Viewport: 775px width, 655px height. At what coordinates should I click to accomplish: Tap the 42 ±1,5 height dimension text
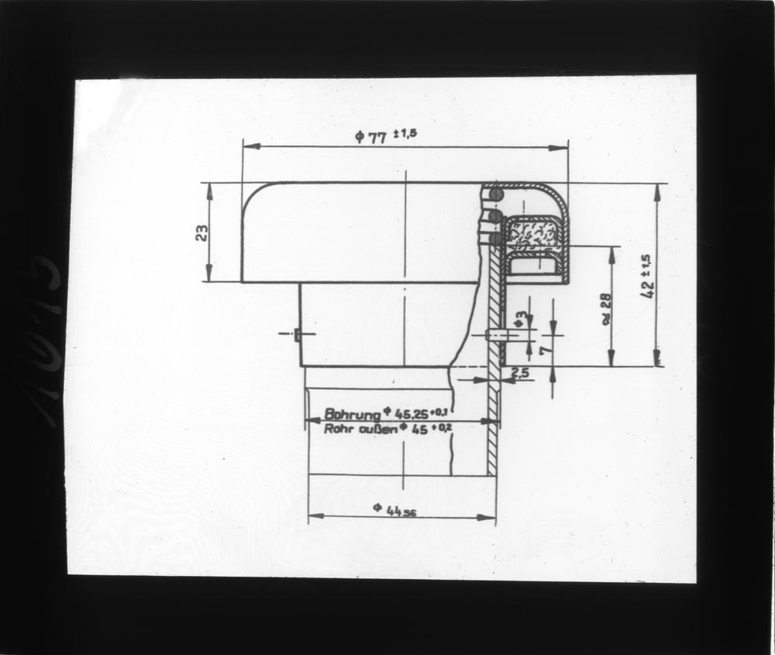click(646, 276)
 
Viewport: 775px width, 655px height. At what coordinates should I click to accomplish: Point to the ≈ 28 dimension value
click(606, 308)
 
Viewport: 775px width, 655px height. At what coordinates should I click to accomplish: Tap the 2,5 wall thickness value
click(520, 374)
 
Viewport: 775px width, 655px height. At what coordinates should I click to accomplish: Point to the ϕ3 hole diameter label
click(522, 317)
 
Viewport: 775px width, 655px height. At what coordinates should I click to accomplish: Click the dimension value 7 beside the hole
click(544, 350)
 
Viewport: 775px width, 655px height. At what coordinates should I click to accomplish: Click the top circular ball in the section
click(496, 195)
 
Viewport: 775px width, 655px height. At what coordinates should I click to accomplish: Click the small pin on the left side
click(298, 335)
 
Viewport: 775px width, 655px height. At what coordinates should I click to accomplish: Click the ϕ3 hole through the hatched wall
click(494, 335)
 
